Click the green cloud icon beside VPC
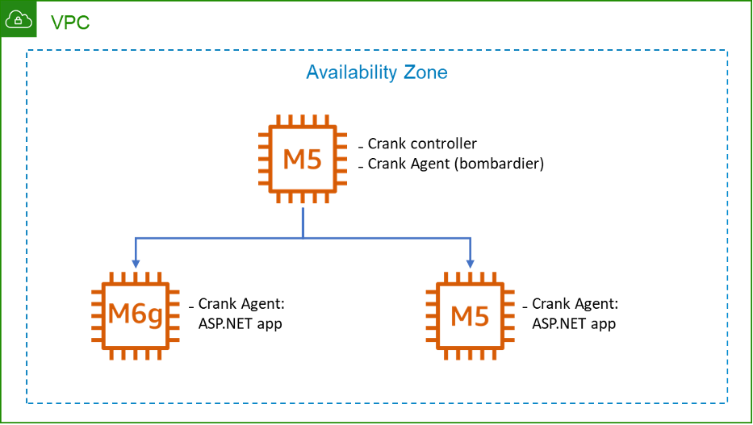tap(19, 19)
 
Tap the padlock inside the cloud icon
tap(19, 21)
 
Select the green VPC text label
tap(70, 23)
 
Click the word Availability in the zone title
tap(352, 73)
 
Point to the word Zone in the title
tap(425, 73)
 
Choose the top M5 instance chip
tap(303, 159)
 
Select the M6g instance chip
tap(135, 315)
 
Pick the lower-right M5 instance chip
tap(471, 315)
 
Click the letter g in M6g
tap(155, 316)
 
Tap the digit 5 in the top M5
tap(314, 159)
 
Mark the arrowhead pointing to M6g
tap(136, 264)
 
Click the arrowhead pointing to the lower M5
tap(471, 264)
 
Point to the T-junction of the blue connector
tap(303, 238)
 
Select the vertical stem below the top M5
tap(303, 222)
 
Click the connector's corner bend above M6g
tap(136, 238)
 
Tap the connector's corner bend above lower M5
tap(471, 238)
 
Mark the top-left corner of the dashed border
tap(27, 51)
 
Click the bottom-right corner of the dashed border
tap(727, 402)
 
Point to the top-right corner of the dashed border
tap(727, 51)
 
